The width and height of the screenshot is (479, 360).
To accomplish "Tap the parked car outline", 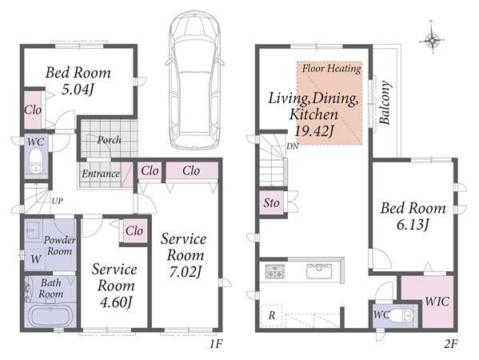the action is [194, 80].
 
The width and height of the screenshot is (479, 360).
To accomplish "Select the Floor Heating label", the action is [332, 69].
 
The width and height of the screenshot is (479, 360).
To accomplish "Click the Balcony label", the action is [385, 102].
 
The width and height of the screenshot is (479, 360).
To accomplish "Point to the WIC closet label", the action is [437, 302].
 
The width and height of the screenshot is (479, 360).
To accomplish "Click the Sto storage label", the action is [272, 202].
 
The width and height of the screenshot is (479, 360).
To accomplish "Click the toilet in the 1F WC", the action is [36, 161].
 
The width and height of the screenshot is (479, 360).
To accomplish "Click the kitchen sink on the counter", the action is [319, 270].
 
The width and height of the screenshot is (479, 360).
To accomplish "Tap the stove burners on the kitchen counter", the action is [274, 271].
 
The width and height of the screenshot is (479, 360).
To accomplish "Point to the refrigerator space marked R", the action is [272, 315].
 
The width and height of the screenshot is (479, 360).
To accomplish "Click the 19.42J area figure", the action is [313, 131].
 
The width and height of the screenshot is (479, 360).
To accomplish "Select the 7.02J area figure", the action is [186, 272].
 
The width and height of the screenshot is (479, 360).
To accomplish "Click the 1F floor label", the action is [216, 344].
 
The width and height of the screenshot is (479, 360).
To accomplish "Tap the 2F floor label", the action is [450, 344].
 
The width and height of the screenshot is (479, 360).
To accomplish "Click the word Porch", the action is [109, 140].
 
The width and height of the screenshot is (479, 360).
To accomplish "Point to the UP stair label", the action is [58, 201].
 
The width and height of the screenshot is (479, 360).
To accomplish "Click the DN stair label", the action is [293, 146].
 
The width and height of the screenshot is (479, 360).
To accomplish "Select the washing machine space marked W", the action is [36, 259].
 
